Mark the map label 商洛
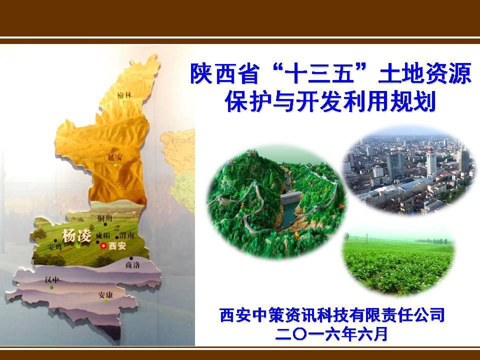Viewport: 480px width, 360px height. point(133,265)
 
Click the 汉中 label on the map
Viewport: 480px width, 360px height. point(51,280)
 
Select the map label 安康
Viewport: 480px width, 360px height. point(105,295)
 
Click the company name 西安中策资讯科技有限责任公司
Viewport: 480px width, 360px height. point(332,316)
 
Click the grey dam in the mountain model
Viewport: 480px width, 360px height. point(288,204)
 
